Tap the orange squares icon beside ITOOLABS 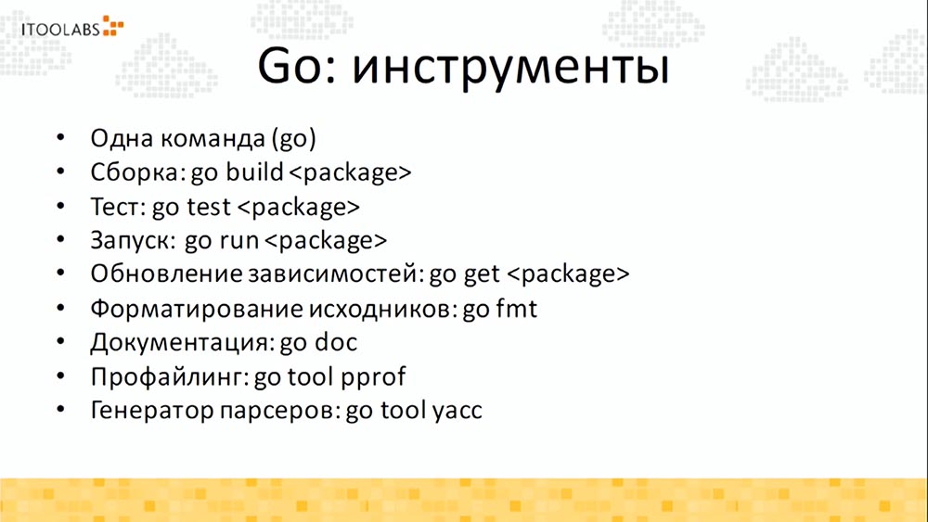113,25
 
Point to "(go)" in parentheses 295,141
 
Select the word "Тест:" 118,206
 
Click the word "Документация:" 180,342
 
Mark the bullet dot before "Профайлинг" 61,376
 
